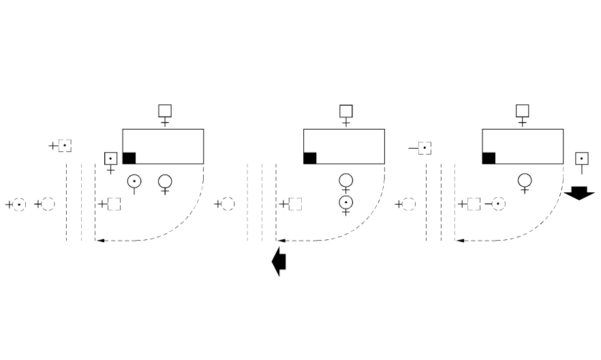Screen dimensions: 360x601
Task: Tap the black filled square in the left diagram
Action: pos(129,157)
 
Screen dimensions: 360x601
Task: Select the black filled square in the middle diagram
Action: pos(310,158)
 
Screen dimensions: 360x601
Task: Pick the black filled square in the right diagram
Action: pos(489,158)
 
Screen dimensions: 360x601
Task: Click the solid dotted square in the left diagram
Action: pos(110,158)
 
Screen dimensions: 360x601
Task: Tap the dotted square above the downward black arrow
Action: pos(581,159)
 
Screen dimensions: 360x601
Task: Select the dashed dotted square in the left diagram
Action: pos(65,145)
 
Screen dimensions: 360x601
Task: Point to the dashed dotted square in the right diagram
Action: pos(424,147)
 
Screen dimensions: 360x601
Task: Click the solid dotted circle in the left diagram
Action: pos(134,181)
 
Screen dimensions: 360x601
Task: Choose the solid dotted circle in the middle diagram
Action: pos(346,202)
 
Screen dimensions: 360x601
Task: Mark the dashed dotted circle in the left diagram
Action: pos(19,204)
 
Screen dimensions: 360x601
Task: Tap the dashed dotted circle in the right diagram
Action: pos(499,203)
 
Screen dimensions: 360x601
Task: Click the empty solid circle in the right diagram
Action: pos(525,181)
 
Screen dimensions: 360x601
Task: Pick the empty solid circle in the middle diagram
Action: pos(346,181)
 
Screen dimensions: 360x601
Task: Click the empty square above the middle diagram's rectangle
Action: pos(346,111)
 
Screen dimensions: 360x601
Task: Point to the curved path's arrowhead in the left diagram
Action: pos(99,241)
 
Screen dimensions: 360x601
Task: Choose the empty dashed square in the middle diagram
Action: pos(295,203)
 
